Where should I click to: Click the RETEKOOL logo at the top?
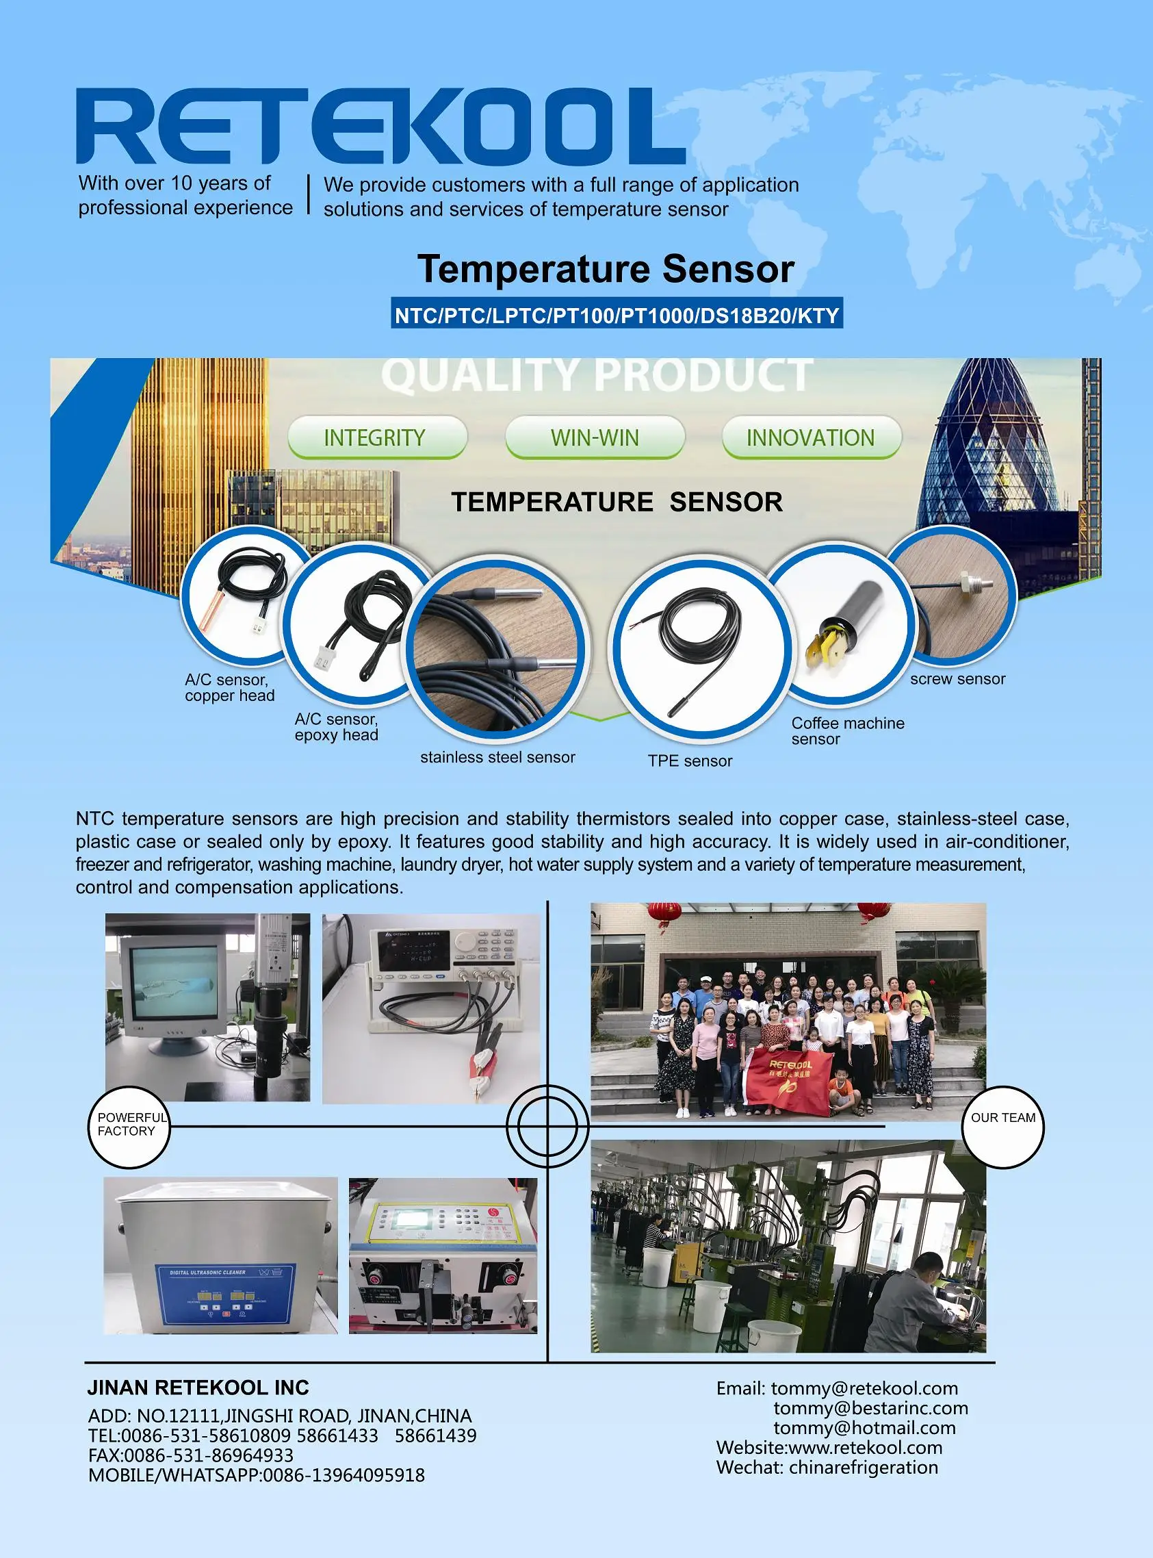tap(380, 127)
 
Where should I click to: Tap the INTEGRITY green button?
tap(376, 437)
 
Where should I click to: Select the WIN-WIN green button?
tap(595, 437)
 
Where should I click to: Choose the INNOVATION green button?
tap(810, 437)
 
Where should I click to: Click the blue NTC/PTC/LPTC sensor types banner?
tap(617, 316)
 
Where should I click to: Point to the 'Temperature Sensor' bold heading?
tap(606, 270)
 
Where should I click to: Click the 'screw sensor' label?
tap(957, 679)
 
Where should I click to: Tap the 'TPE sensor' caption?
tap(690, 761)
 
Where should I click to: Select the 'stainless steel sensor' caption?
tap(497, 757)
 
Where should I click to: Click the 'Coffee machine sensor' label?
tap(846, 731)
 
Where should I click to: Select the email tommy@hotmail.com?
tap(864, 1428)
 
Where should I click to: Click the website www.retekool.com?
tap(829, 1448)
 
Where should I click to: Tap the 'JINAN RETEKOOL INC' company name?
tap(198, 1388)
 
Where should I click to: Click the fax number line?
tap(190, 1455)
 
